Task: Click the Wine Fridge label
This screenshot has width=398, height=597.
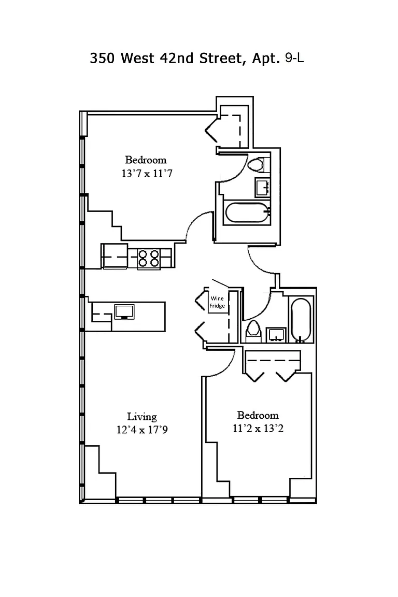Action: coord(217,302)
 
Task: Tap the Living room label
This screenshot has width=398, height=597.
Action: coord(142,417)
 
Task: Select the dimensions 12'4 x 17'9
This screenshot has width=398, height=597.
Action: coord(142,430)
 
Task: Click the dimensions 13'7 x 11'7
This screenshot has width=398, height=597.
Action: coord(147,174)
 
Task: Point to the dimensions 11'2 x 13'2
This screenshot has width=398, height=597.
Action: coord(258,429)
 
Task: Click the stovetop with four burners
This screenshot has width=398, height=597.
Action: coord(149,258)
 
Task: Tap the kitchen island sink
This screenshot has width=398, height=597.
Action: coord(124,311)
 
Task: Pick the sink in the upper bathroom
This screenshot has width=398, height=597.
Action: coord(262,187)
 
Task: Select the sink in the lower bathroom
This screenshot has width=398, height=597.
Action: coord(276,335)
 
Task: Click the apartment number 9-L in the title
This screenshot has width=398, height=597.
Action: coord(294,58)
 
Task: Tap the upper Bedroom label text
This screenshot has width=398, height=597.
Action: coord(146,160)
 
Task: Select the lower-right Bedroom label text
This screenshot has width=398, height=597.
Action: coord(258,415)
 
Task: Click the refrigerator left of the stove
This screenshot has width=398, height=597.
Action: coord(115,256)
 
